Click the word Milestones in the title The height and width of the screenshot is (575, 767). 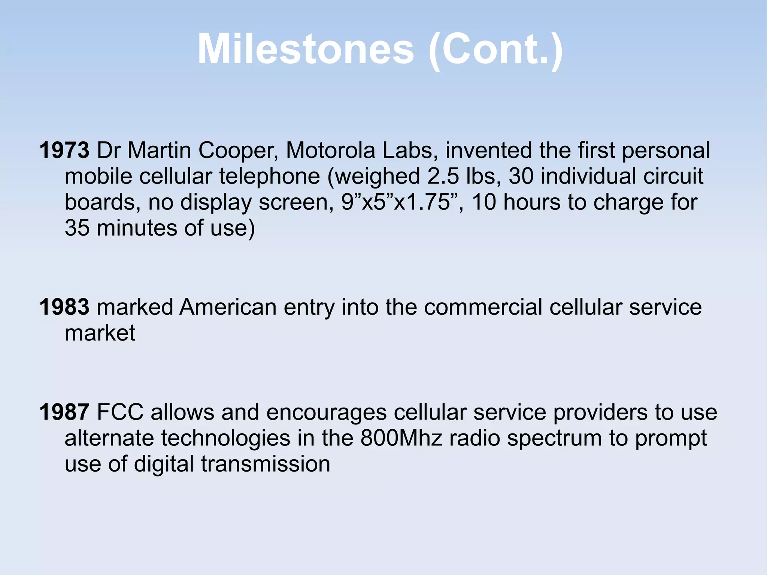(x=305, y=49)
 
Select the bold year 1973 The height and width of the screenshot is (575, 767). (x=64, y=151)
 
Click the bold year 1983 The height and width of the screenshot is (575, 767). (x=64, y=307)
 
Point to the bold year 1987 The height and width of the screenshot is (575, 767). (x=64, y=412)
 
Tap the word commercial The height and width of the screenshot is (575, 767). (x=483, y=307)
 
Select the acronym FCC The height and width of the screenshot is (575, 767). (x=120, y=412)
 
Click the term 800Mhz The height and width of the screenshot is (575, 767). (x=401, y=438)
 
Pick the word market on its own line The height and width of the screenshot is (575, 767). (x=100, y=333)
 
